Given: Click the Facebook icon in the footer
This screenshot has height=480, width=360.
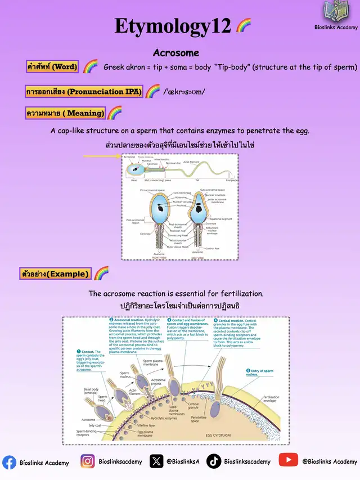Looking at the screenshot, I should pyautogui.click(x=9, y=462).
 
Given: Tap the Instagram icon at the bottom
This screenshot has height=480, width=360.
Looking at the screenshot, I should pyautogui.click(x=87, y=461).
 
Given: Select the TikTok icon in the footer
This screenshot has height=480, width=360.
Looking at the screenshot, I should pyautogui.click(x=214, y=461).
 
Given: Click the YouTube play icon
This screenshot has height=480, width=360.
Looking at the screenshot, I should pyautogui.click(x=288, y=460).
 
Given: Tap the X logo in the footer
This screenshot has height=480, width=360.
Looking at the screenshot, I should pyautogui.click(x=156, y=461).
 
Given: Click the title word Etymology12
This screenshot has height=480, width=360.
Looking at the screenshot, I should pyautogui.click(x=173, y=26).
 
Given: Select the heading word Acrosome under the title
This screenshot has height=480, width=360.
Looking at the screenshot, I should pyautogui.click(x=176, y=53).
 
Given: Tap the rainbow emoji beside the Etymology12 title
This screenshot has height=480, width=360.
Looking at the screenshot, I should pyautogui.click(x=244, y=25).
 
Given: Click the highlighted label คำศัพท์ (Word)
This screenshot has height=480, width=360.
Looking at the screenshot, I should pyautogui.click(x=52, y=67).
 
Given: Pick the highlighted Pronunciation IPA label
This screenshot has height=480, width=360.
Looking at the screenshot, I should pyautogui.click(x=84, y=91).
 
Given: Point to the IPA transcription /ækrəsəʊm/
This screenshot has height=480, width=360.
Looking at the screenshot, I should pyautogui.click(x=184, y=92).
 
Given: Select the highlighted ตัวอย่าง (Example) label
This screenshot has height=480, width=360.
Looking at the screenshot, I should pyautogui.click(x=56, y=274).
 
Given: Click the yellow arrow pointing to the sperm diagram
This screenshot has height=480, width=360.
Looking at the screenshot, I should pyautogui.click(x=102, y=156).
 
